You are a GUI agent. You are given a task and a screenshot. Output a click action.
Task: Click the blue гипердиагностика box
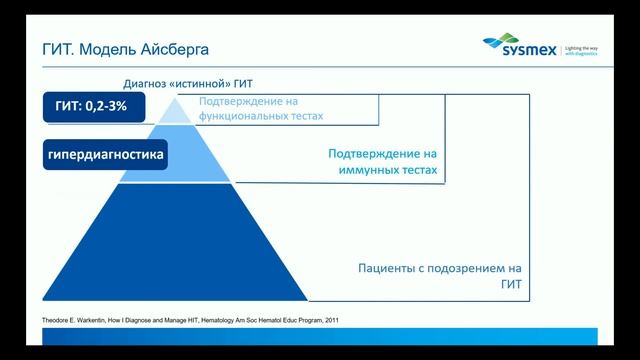pos(104,156)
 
